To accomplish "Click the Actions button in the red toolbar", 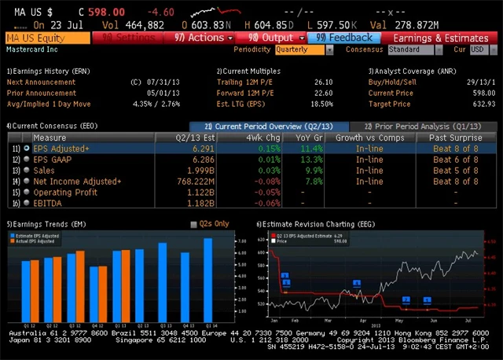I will tap(203, 38).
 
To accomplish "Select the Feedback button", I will tap(343, 38).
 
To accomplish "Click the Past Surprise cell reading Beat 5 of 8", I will tap(455, 171).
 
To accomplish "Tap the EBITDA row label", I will tap(48, 203).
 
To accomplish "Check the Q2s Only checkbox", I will tap(195, 224).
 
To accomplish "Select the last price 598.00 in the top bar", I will tap(108, 13).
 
